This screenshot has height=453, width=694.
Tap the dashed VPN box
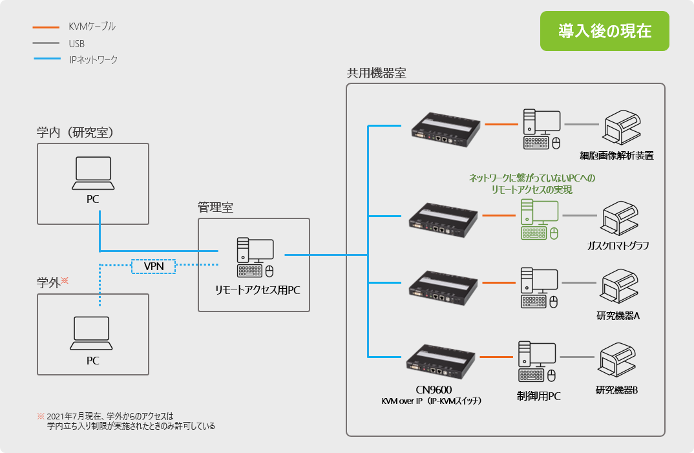pos(153,266)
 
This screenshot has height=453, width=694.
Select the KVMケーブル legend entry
pos(92,27)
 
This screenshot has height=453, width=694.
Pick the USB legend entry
pos(76,44)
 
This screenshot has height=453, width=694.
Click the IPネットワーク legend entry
pos(93,60)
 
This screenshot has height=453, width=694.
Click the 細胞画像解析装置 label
pos(616,156)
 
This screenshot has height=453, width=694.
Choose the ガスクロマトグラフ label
pos(618,246)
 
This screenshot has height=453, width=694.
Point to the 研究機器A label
pos(618,316)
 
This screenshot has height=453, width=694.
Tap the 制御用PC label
pos(539,396)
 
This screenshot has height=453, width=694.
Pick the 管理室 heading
pos(215,207)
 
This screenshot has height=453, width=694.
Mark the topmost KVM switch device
pos(448,126)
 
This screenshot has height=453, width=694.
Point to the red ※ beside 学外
pos(65,281)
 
